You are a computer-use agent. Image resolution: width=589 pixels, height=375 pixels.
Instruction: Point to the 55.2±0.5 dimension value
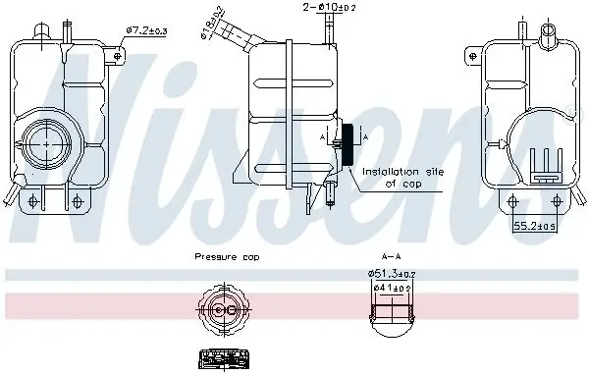pyautogui.click(x=536, y=225)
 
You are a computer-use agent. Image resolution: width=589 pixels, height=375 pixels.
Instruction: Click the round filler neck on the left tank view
pyautogui.click(x=45, y=143)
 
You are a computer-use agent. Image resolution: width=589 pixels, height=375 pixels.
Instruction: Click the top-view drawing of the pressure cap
pyautogui.click(x=222, y=311)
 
